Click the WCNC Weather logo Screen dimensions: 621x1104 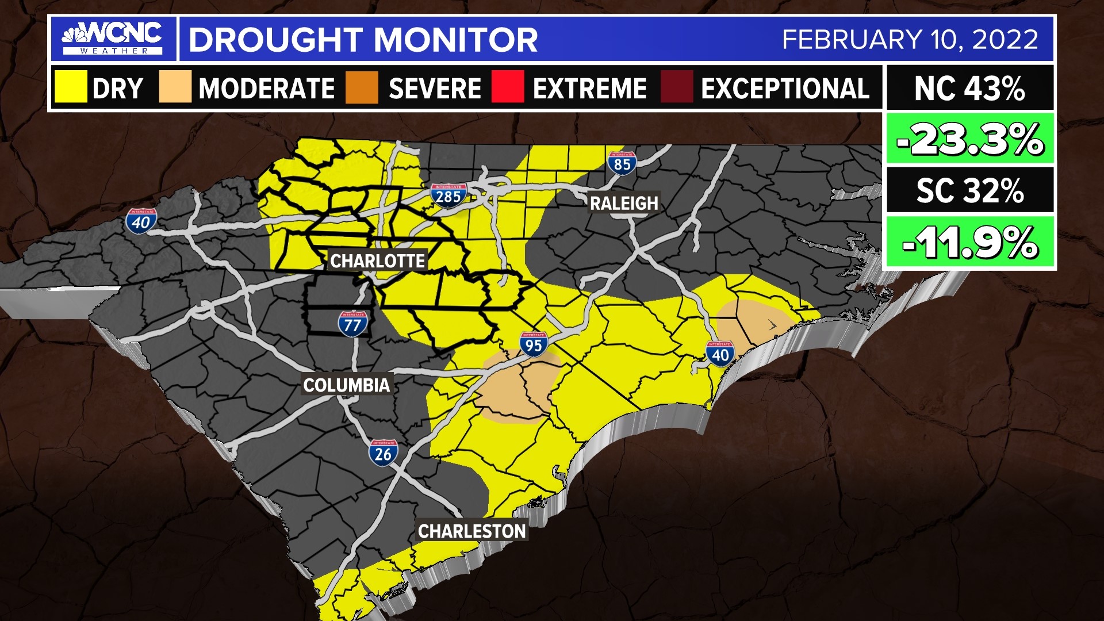113,38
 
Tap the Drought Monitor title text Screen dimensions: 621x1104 363,40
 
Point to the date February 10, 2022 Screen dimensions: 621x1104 910,40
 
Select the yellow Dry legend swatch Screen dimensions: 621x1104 71,87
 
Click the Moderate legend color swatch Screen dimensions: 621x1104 175,87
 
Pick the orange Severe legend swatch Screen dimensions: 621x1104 362,87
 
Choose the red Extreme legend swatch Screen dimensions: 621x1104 508,87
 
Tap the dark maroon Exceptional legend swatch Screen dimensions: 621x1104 676,87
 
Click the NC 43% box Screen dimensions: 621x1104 969,89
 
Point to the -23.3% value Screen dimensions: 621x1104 969,139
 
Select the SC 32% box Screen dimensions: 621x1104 969,190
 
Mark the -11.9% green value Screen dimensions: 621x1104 969,242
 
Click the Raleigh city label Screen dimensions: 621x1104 624,204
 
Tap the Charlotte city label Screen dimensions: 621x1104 377,261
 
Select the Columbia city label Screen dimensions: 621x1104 346,385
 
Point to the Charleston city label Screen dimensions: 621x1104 471,531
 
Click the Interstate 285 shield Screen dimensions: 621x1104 448,195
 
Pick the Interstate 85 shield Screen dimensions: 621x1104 622,163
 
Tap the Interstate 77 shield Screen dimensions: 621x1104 352,324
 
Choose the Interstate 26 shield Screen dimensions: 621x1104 383,453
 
